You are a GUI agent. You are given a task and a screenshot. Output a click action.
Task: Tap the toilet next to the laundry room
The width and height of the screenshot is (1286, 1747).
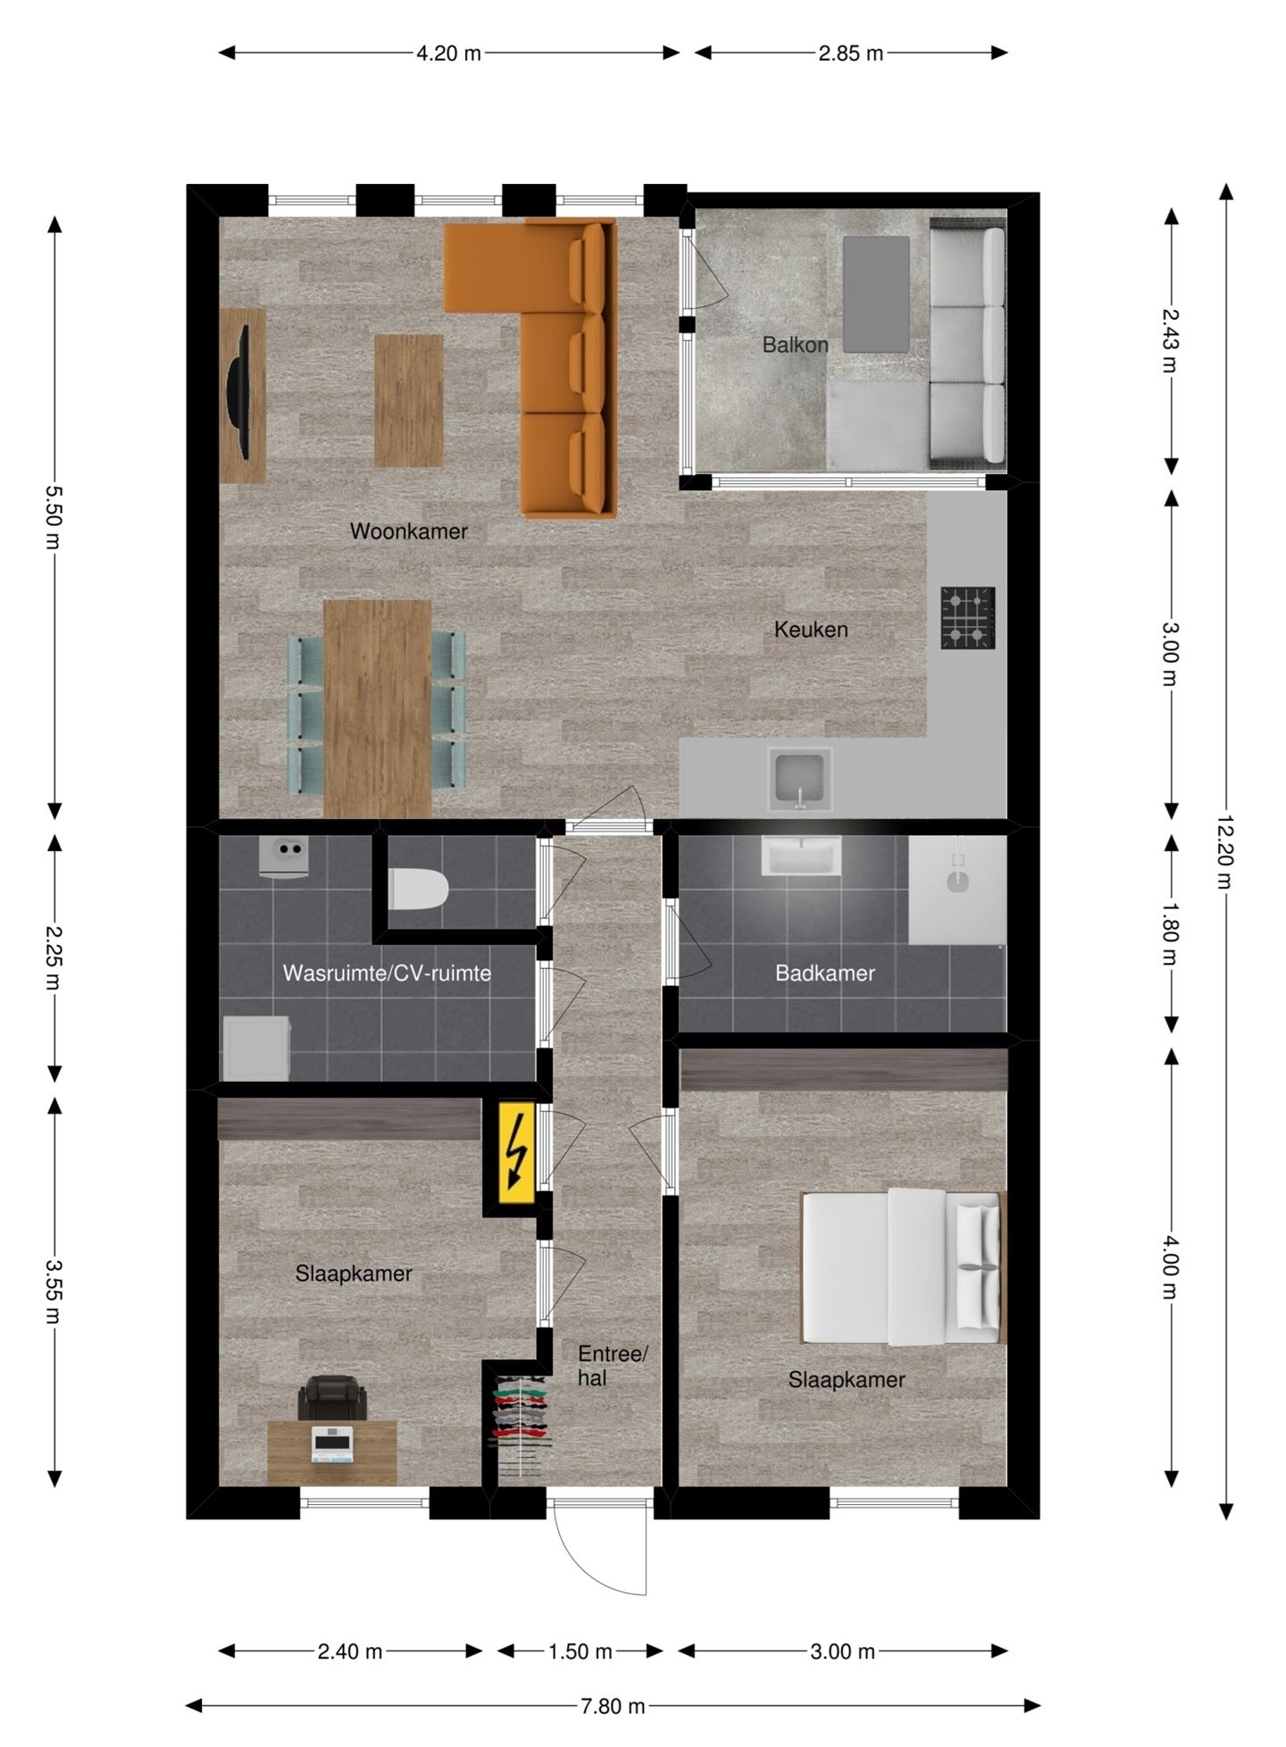coord(418,889)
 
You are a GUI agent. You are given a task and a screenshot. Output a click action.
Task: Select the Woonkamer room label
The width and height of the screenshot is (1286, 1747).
coord(408,531)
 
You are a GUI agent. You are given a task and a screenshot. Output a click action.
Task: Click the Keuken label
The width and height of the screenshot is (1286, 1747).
coord(811,630)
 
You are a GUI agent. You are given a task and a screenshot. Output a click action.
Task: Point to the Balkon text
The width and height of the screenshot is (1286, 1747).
coord(795,345)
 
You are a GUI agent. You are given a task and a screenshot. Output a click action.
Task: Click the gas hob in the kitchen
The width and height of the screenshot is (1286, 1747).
coord(968,617)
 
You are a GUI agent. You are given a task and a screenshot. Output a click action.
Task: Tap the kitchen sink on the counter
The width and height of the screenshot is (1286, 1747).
coord(800,779)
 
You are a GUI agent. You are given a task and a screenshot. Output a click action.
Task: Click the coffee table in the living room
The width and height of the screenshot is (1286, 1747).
coord(409,401)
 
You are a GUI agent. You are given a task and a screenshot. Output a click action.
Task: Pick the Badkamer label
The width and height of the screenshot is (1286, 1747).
coord(825,974)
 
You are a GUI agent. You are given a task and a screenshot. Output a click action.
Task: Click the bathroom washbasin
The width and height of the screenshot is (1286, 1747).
coord(801,856)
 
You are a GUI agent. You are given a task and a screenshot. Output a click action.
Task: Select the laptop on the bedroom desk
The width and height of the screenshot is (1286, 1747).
coord(332,1443)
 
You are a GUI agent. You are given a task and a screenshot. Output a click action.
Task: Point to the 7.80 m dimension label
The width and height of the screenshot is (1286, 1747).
coord(613,1706)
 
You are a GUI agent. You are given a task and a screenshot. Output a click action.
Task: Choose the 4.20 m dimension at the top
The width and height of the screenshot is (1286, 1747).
coord(448,54)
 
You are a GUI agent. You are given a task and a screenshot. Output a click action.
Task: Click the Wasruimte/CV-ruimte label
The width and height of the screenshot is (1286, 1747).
coord(387,974)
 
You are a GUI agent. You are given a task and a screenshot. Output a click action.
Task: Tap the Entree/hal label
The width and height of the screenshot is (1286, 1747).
coord(612,1366)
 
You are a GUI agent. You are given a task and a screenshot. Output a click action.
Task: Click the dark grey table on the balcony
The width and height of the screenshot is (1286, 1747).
coord(876,294)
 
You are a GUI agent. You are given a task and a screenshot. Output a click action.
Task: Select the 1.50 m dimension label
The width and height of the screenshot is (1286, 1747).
coord(580,1651)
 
